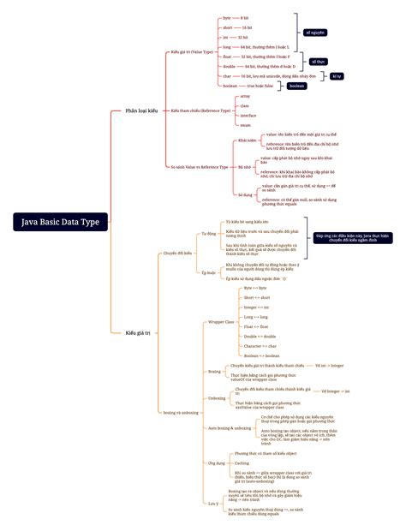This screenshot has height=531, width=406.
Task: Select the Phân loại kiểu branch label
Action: click(141, 110)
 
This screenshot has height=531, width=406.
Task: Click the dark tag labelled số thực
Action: click(319, 62)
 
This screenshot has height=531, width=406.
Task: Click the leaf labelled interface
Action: click(248, 116)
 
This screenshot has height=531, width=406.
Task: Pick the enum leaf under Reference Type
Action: click(246, 125)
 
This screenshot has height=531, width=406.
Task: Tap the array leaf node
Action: click(246, 97)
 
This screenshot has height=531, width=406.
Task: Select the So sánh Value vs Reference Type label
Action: click(202, 166)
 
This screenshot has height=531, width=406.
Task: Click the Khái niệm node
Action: click(248, 140)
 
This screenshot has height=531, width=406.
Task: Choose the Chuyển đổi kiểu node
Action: click(177, 253)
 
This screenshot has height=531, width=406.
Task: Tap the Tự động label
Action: click(208, 233)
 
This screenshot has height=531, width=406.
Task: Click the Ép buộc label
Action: click(208, 272)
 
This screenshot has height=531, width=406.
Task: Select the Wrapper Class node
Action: click(222, 322)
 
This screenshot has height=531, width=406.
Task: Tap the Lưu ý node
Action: click(213, 504)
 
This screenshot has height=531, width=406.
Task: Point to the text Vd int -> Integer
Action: click(329, 365)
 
